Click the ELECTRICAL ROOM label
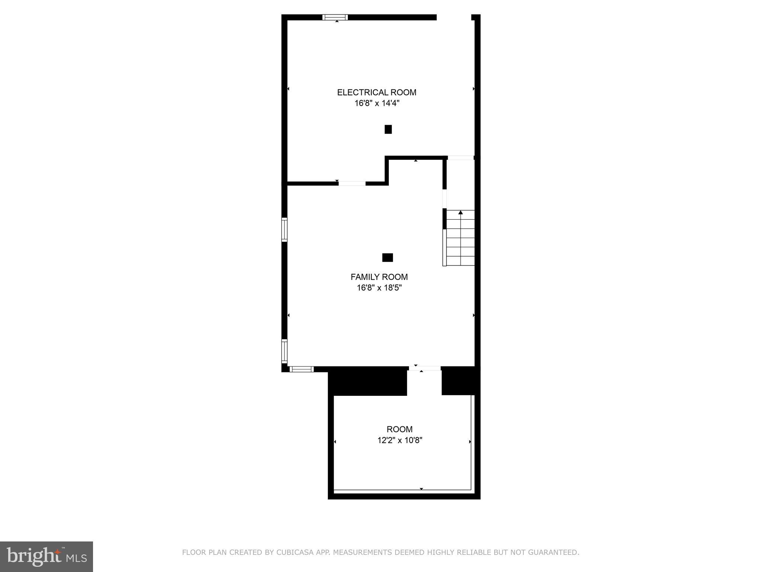tap(377, 92)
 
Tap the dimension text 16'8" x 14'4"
tap(377, 103)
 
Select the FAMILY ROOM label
tap(379, 277)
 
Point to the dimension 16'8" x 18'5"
tap(379, 288)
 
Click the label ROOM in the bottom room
tap(400, 429)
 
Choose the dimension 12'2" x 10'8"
tap(400, 441)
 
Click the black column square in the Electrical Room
tap(388, 129)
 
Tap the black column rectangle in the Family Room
tap(387, 257)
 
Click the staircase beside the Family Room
tap(460, 238)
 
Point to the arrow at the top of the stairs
tap(461, 213)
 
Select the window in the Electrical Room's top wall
tap(335, 17)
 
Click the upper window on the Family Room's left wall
tap(284, 229)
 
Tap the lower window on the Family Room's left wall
tap(284, 351)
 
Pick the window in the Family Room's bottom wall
tap(301, 369)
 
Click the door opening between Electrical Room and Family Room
tap(352, 183)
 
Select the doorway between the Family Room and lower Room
tap(425, 369)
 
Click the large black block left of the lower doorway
tap(368, 381)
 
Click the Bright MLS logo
tap(47, 556)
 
